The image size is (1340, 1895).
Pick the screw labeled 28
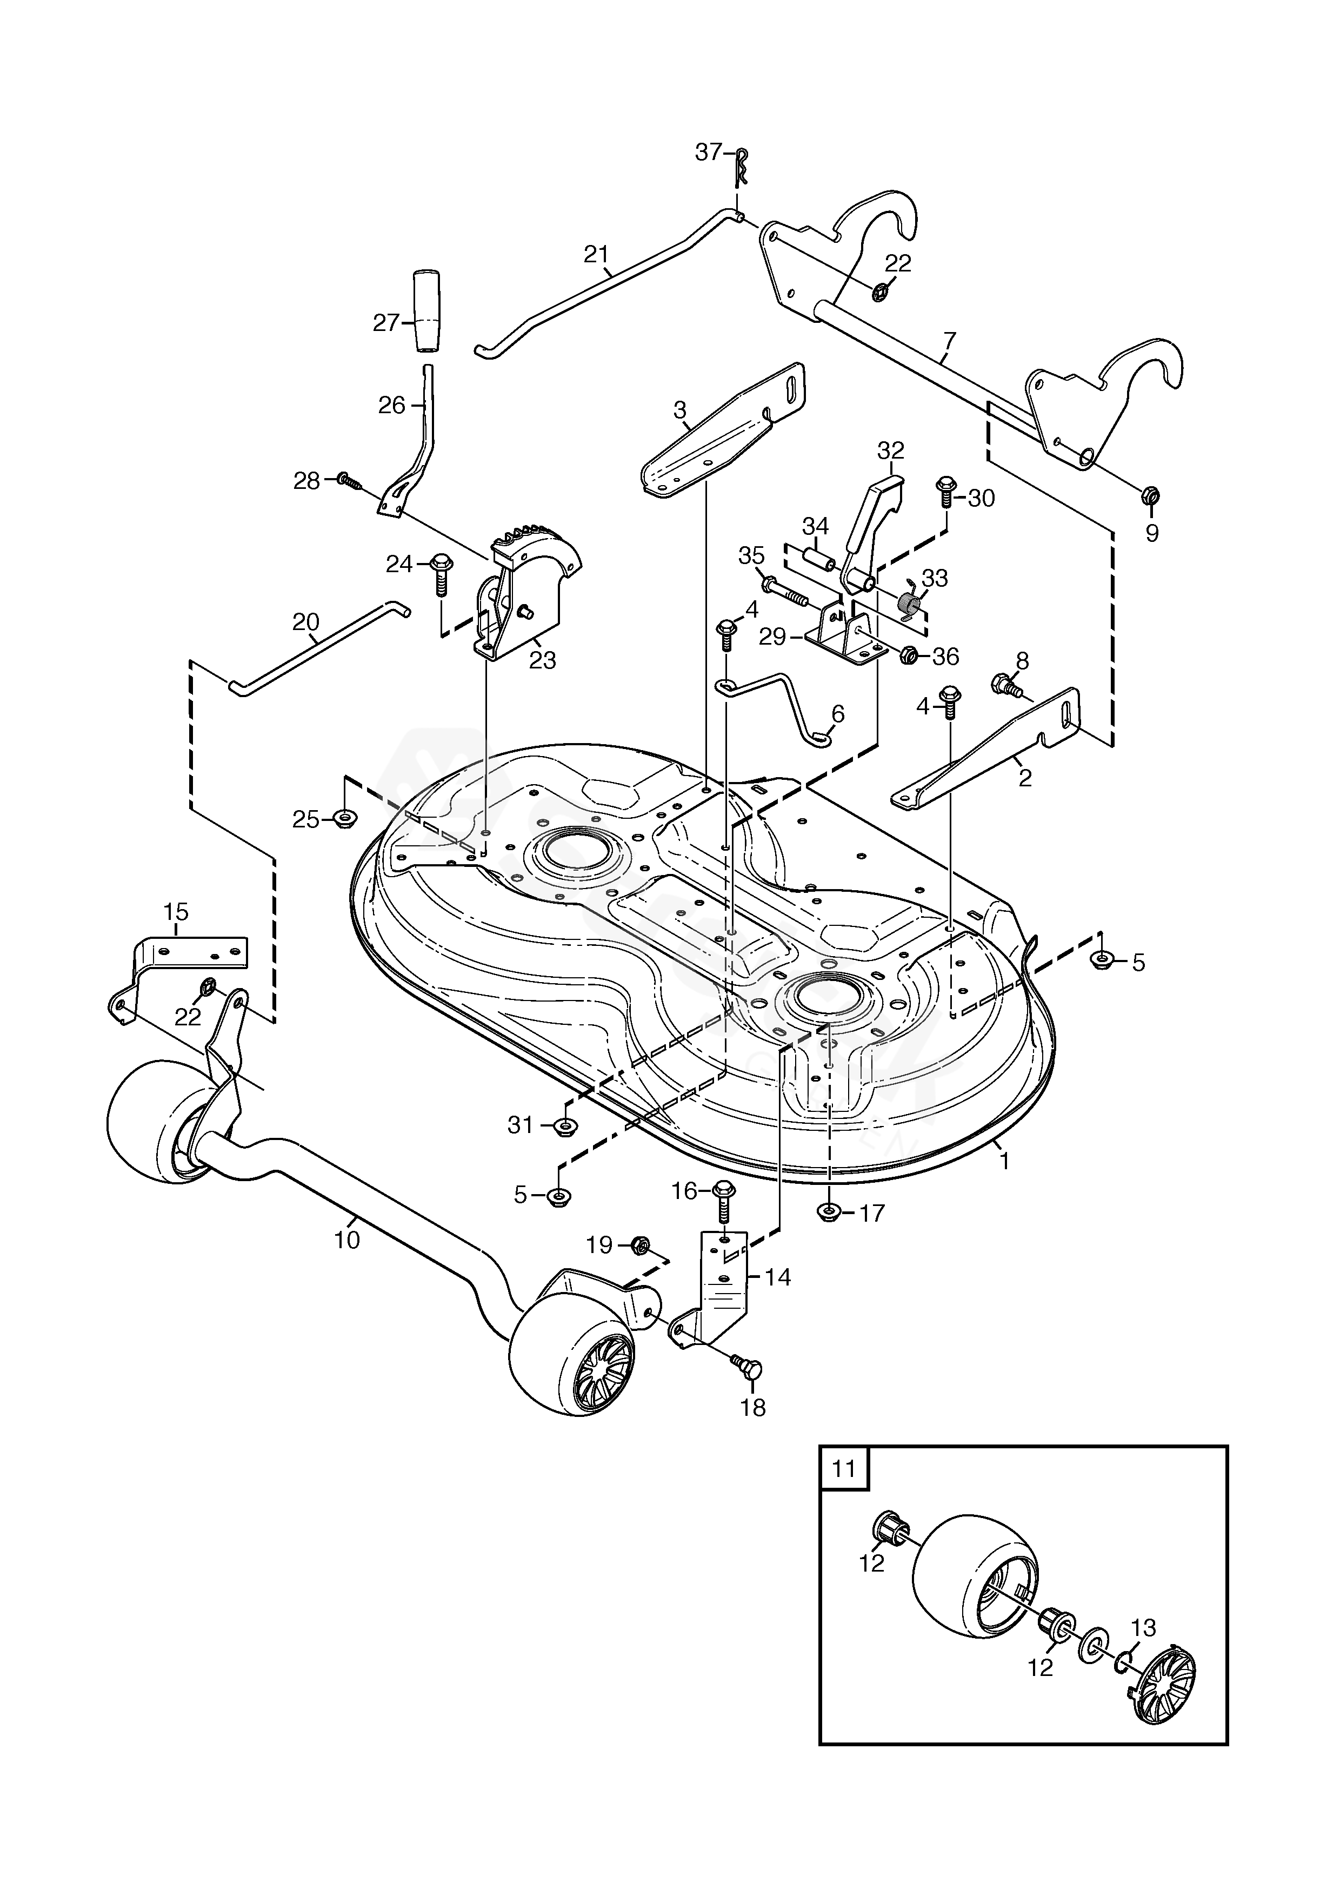point(350,480)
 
